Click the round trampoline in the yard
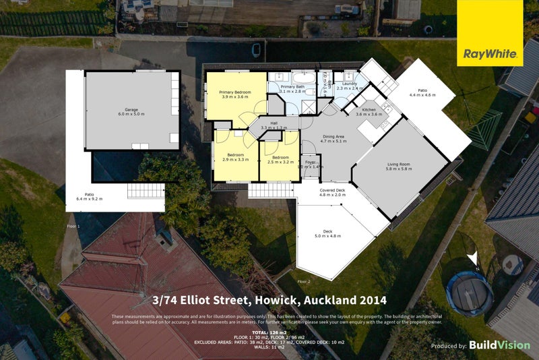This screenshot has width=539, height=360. point(470,293)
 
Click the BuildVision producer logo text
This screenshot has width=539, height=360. point(499,345)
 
